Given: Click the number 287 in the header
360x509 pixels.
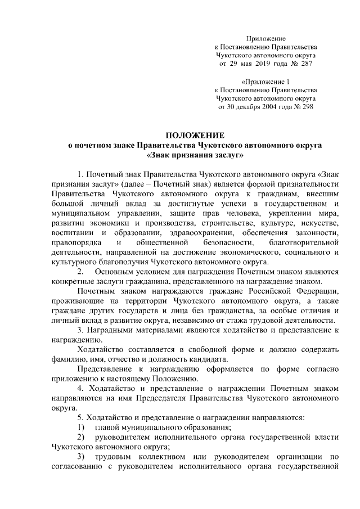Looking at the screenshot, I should click(x=306, y=64).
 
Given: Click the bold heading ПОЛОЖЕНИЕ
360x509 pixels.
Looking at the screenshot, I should click(x=194, y=136).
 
